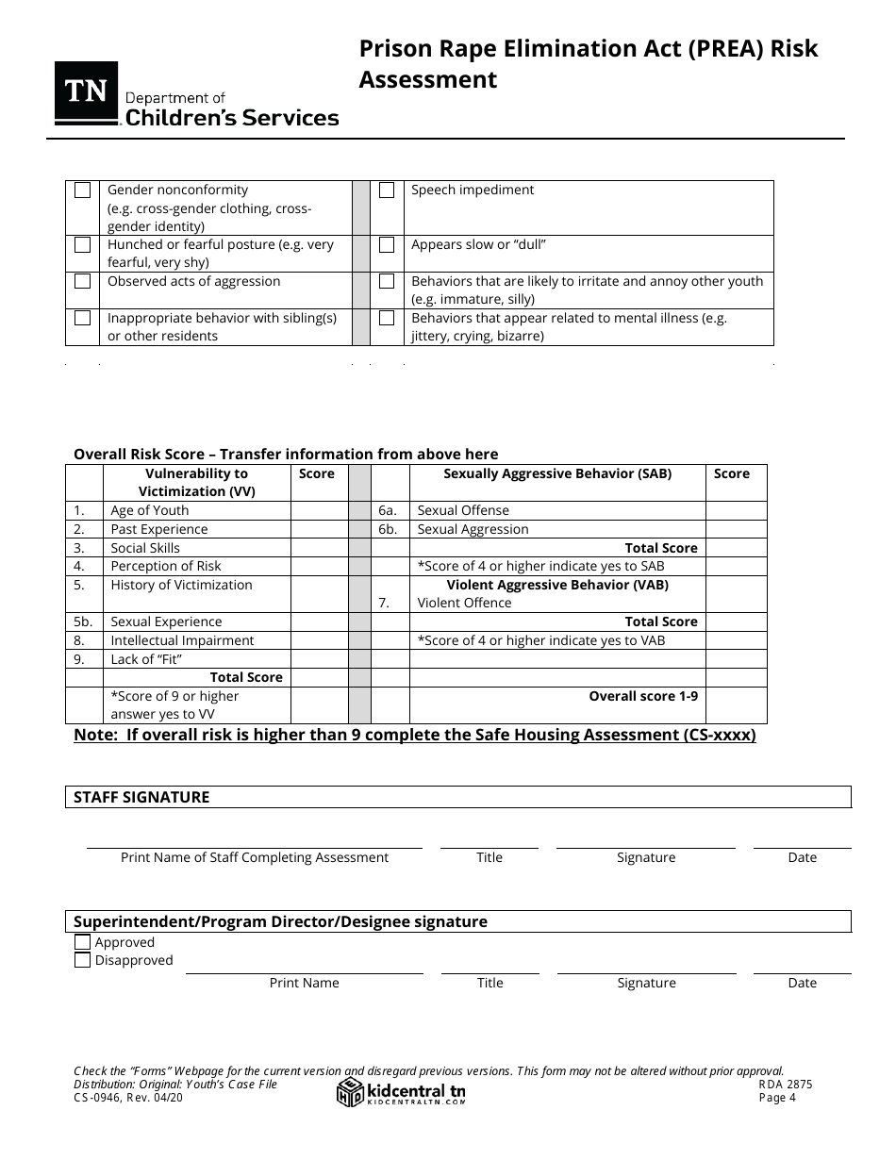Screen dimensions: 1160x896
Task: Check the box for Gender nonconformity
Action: (x=83, y=191)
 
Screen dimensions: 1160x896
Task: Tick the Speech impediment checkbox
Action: (x=387, y=191)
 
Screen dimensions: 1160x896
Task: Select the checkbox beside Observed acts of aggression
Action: (x=83, y=281)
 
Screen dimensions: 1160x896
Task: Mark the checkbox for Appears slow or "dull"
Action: (x=387, y=245)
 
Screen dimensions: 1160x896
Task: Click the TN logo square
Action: (x=86, y=92)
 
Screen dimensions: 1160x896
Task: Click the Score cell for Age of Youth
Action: (x=319, y=510)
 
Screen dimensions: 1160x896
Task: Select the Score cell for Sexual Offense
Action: (x=736, y=510)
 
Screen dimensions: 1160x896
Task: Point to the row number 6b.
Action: (x=388, y=529)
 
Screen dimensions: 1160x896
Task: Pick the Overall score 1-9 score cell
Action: (x=736, y=704)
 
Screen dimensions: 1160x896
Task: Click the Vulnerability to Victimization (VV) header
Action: (x=196, y=482)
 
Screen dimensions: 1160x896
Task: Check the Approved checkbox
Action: (x=83, y=942)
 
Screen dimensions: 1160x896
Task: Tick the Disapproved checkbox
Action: (x=83, y=960)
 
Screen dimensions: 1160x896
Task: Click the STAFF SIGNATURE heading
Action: (x=141, y=797)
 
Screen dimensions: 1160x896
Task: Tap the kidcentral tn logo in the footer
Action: (x=402, y=1092)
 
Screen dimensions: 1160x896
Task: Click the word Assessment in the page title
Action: (x=427, y=80)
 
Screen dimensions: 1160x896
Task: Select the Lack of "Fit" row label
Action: (x=146, y=658)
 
